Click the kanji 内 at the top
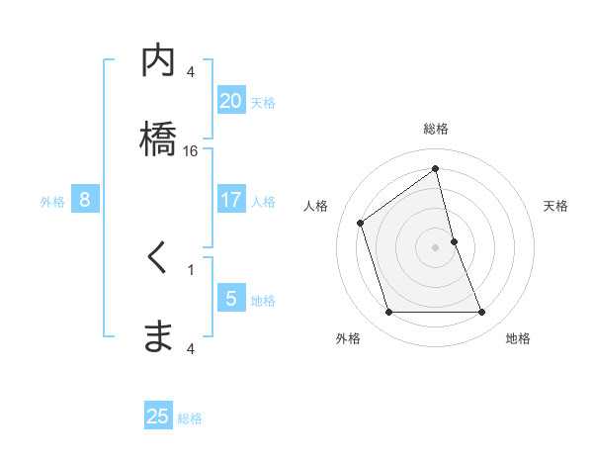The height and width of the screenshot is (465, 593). tap(158, 61)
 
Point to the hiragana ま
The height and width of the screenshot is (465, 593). tap(158, 336)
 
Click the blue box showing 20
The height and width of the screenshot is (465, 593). tap(230, 101)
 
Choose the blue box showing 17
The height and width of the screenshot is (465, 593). tap(230, 200)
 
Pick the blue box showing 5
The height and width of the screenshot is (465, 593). tap(230, 299)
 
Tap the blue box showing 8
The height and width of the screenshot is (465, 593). tap(85, 200)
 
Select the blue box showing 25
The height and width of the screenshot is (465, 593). tap(158, 417)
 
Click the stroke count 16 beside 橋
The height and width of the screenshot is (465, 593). tap(191, 151)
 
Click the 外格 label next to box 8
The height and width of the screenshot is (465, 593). tap(52, 201)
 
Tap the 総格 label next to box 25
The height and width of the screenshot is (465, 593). tap(190, 418)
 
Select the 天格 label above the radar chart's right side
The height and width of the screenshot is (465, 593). tap(556, 206)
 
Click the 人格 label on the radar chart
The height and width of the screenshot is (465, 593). tap(315, 206)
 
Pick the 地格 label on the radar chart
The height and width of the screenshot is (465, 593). tap(518, 338)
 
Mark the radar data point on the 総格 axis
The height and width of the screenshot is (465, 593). tap(435, 169)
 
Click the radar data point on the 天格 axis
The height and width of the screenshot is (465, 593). tap(454, 240)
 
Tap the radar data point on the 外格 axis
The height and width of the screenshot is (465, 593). tap(388, 313)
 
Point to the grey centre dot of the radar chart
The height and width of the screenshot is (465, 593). tap(435, 246)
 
